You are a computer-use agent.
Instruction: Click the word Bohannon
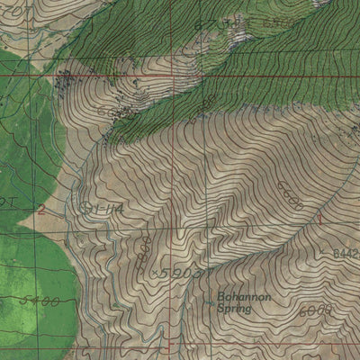click(239, 295)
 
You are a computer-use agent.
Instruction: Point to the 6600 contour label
click(291, 193)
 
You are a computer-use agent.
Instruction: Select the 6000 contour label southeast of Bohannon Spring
click(314, 309)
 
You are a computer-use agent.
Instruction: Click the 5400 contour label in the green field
click(40, 301)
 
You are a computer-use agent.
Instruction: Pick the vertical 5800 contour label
click(144, 246)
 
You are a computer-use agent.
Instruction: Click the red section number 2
click(41, 210)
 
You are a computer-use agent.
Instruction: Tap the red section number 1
click(319, 219)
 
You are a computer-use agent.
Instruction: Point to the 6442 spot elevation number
click(346, 254)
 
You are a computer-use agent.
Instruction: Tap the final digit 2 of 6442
click(355, 254)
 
